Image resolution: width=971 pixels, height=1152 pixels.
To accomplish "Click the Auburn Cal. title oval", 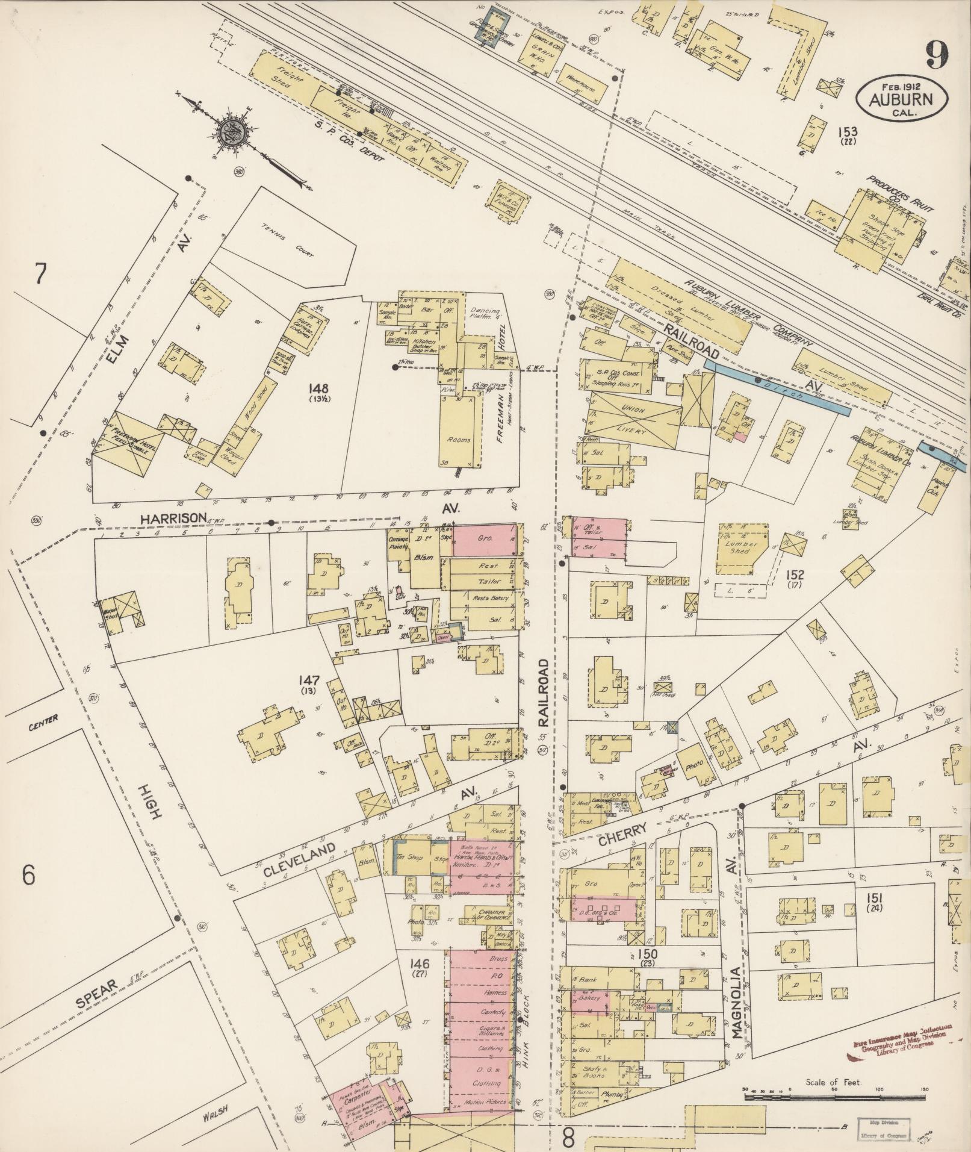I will (900, 98).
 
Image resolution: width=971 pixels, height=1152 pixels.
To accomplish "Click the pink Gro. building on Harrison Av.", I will (485, 540).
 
